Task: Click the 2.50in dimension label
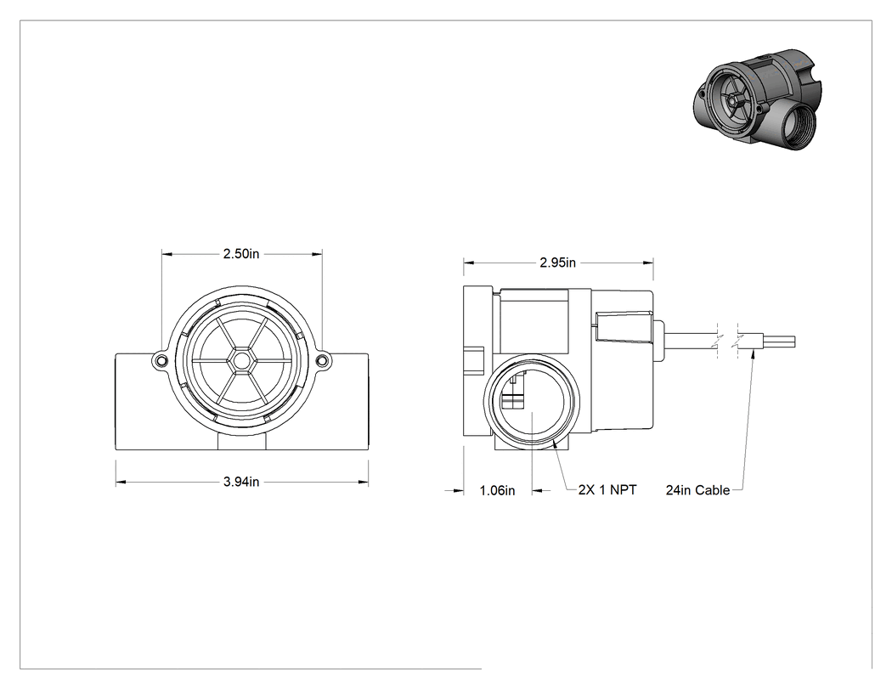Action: (x=240, y=254)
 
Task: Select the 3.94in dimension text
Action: (x=240, y=482)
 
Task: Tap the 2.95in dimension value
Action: (x=557, y=263)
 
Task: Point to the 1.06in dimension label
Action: (x=497, y=490)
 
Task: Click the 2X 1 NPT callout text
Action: (x=607, y=490)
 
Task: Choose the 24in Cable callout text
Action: (x=697, y=490)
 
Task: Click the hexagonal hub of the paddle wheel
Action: (x=241, y=360)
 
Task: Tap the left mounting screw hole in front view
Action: (x=161, y=359)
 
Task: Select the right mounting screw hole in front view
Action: (x=323, y=359)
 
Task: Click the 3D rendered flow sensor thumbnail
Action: (x=758, y=99)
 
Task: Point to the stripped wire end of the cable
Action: (x=779, y=342)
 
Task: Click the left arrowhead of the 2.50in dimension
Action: (x=167, y=254)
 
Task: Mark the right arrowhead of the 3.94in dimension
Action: (x=363, y=483)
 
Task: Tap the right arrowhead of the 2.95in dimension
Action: (x=648, y=263)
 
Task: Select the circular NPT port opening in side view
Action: (x=532, y=400)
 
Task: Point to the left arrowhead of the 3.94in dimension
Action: (x=121, y=483)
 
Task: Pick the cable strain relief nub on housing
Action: (x=659, y=342)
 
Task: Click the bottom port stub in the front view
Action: (x=241, y=440)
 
